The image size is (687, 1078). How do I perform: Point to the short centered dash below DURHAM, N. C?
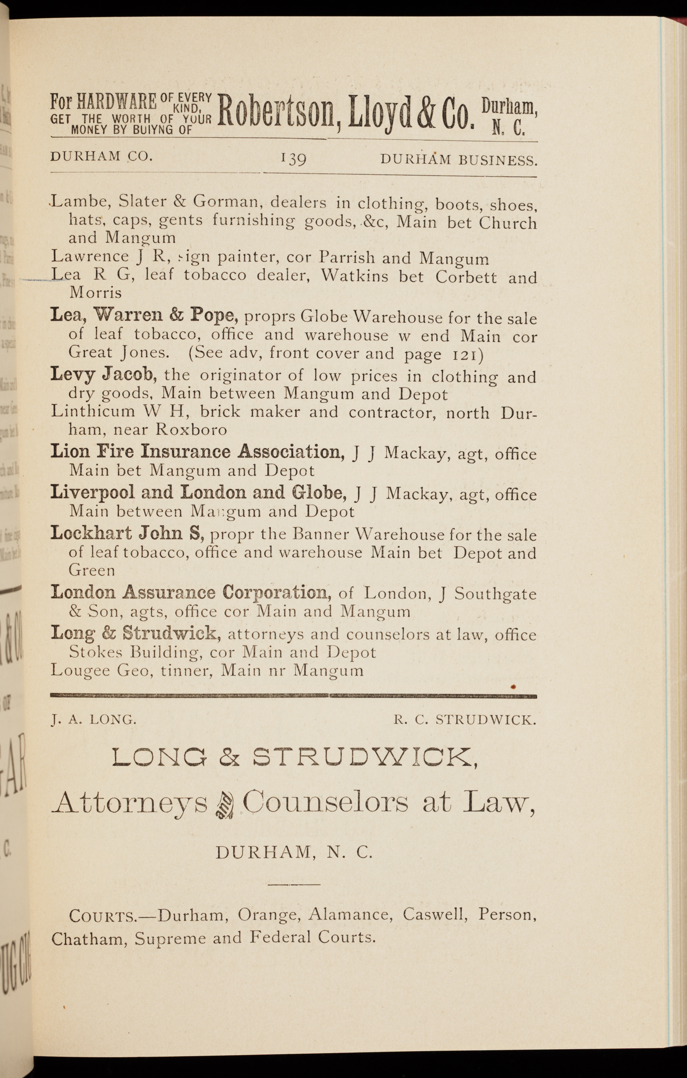click(x=294, y=884)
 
